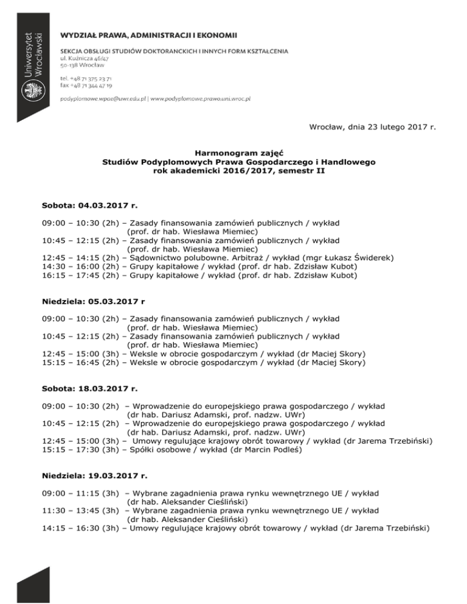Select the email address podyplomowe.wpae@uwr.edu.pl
103,97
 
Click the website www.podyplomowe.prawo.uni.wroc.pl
201,97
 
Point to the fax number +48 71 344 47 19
86,86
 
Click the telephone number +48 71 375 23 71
86,78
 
